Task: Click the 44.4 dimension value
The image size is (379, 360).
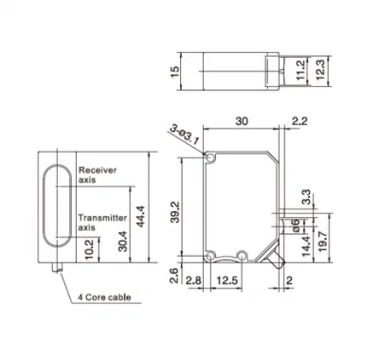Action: (x=140, y=216)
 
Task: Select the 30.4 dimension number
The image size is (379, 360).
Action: (x=123, y=242)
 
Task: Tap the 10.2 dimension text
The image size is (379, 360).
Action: (x=89, y=249)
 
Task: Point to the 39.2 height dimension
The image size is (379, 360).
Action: (x=174, y=212)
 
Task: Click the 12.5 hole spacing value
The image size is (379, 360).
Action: (x=226, y=280)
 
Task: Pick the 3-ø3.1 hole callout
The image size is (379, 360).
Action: (x=185, y=135)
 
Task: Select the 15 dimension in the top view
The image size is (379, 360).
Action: (x=174, y=71)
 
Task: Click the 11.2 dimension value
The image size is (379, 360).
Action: (x=300, y=70)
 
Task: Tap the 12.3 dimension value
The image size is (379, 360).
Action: (x=319, y=69)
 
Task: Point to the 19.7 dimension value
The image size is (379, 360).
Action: (x=322, y=242)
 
